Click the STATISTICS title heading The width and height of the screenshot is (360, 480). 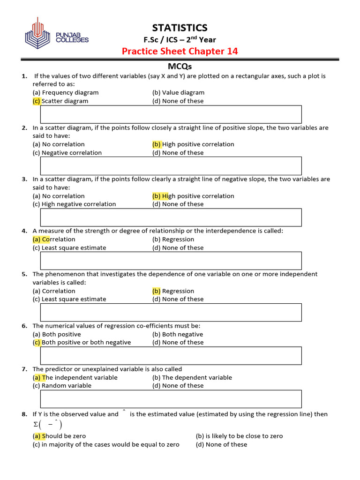[x=180, y=28]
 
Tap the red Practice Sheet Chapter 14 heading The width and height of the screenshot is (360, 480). [x=180, y=51]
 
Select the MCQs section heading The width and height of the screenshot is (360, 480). [x=180, y=67]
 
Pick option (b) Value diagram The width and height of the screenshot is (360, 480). [x=178, y=92]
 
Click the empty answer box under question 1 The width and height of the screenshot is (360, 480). [x=171, y=114]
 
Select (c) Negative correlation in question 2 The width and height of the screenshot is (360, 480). [x=67, y=152]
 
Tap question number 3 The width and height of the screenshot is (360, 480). [x=24, y=179]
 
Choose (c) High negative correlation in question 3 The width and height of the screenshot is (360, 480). [x=74, y=204]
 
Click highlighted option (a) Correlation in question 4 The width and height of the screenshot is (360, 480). [x=54, y=239]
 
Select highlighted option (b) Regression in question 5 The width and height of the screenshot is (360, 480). [x=173, y=291]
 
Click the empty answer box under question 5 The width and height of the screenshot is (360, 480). [x=171, y=312]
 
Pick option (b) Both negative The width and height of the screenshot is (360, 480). [x=178, y=334]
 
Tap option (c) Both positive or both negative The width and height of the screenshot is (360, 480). [x=82, y=342]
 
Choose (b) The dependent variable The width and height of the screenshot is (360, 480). [x=192, y=377]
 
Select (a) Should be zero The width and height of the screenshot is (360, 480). [x=59, y=436]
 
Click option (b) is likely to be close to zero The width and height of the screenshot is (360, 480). [x=239, y=436]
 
